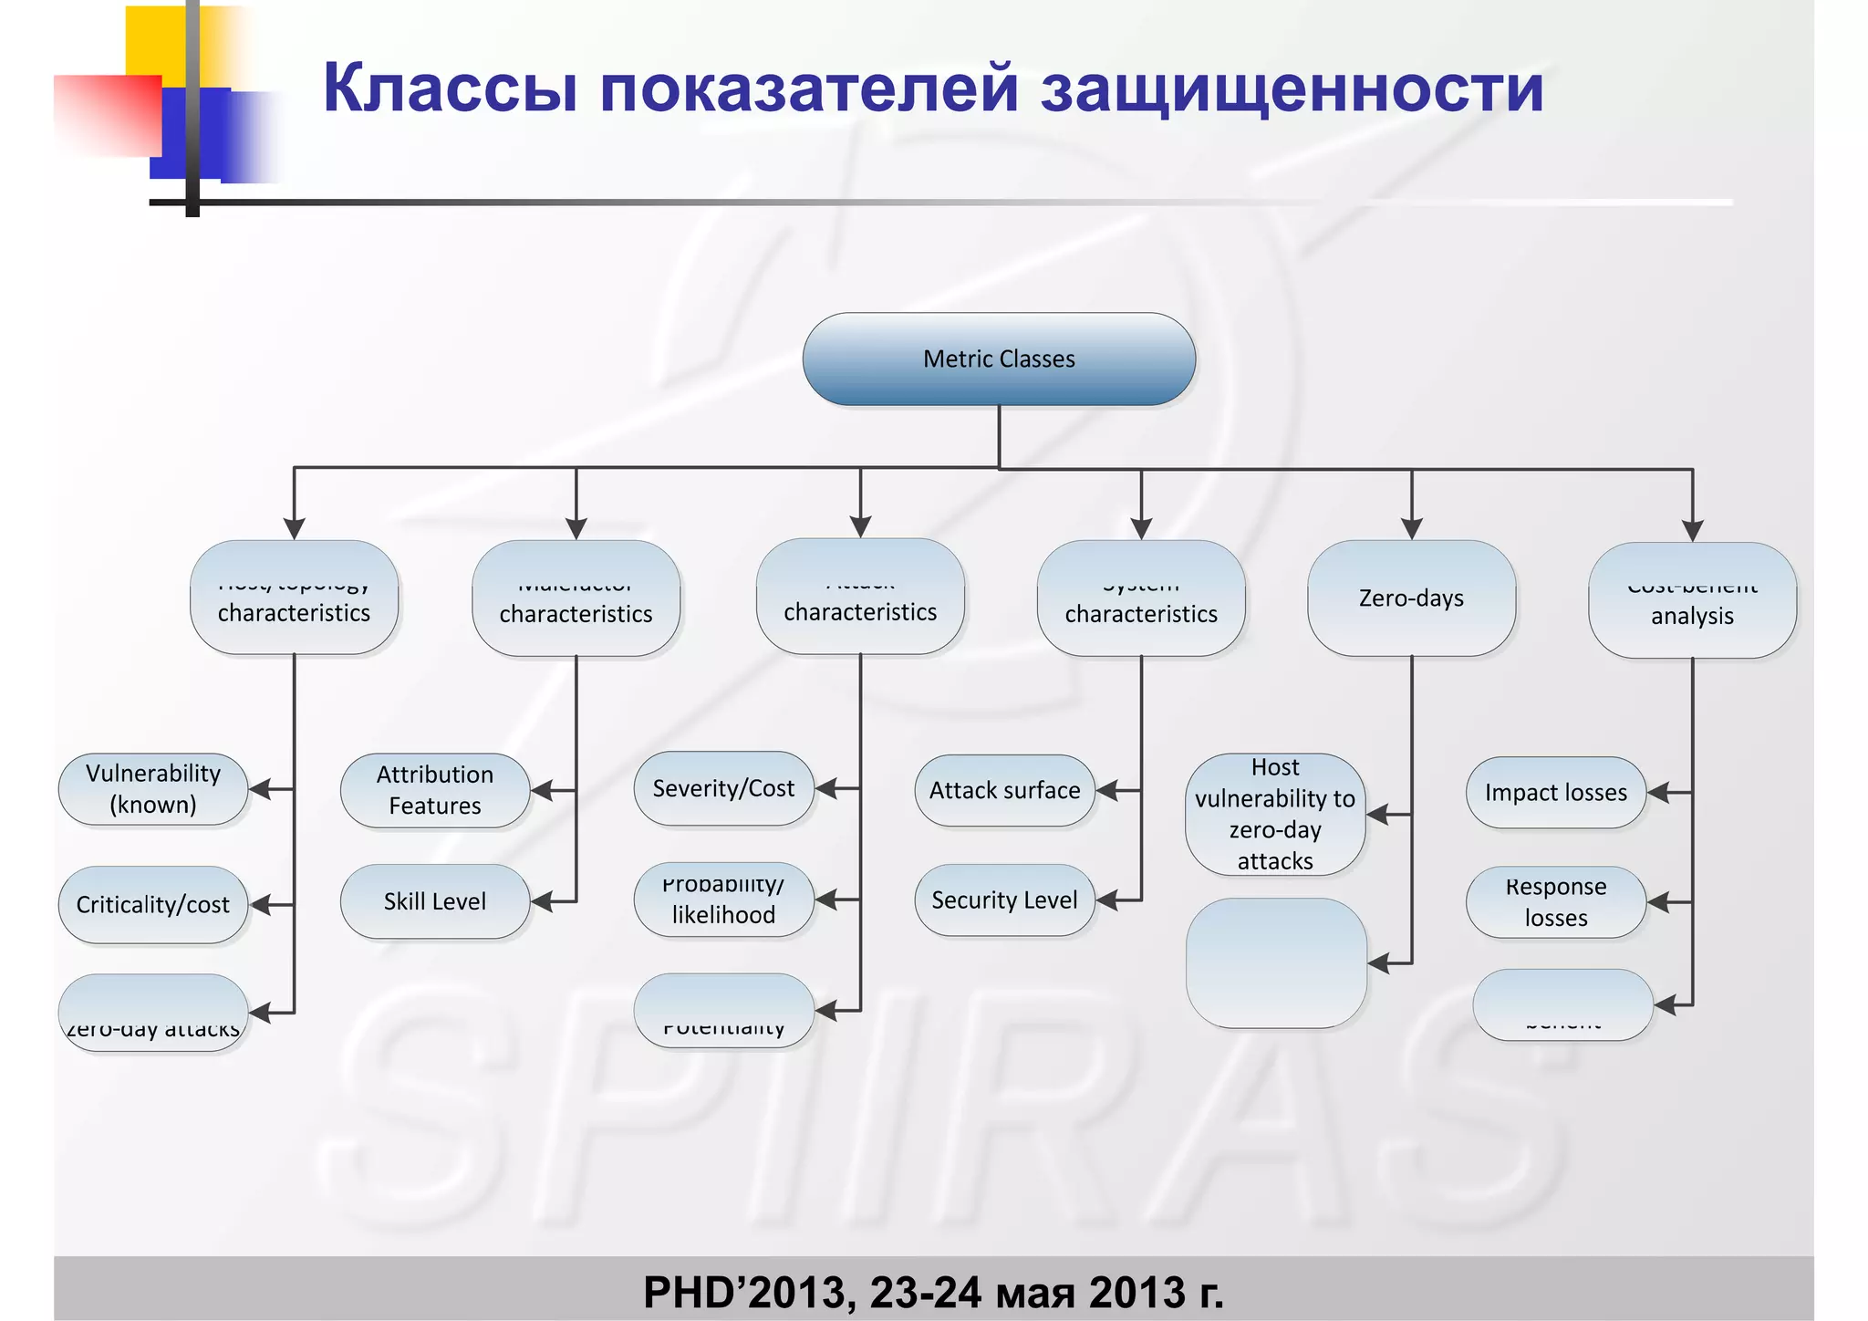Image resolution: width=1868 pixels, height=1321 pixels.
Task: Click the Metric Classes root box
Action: tap(999, 359)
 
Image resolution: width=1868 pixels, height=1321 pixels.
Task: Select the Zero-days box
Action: tap(1411, 598)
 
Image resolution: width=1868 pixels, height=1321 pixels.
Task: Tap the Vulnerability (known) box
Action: tap(153, 789)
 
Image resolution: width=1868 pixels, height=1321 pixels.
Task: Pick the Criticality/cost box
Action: tap(153, 904)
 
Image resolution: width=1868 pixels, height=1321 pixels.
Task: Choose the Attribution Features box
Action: tap(435, 790)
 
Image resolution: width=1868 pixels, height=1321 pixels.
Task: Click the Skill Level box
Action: tap(435, 901)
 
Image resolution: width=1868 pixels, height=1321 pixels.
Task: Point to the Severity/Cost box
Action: tap(723, 788)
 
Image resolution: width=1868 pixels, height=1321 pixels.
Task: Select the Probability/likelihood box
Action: tap(723, 900)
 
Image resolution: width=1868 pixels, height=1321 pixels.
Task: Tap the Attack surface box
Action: tap(1004, 790)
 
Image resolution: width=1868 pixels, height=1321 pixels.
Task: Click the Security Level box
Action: tap(1004, 900)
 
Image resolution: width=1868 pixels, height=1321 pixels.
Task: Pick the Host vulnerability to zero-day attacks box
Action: tap(1275, 814)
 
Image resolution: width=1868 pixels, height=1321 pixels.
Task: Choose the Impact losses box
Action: tap(1556, 793)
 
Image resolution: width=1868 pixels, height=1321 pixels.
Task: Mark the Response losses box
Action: tap(1556, 902)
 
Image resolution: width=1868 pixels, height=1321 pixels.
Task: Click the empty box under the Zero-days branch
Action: tap(1276, 962)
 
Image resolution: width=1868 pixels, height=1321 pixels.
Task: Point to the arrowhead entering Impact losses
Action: tap(1659, 793)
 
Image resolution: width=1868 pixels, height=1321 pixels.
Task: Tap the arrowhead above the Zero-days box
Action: tap(1412, 528)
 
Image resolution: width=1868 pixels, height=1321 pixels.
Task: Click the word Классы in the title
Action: tap(451, 88)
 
